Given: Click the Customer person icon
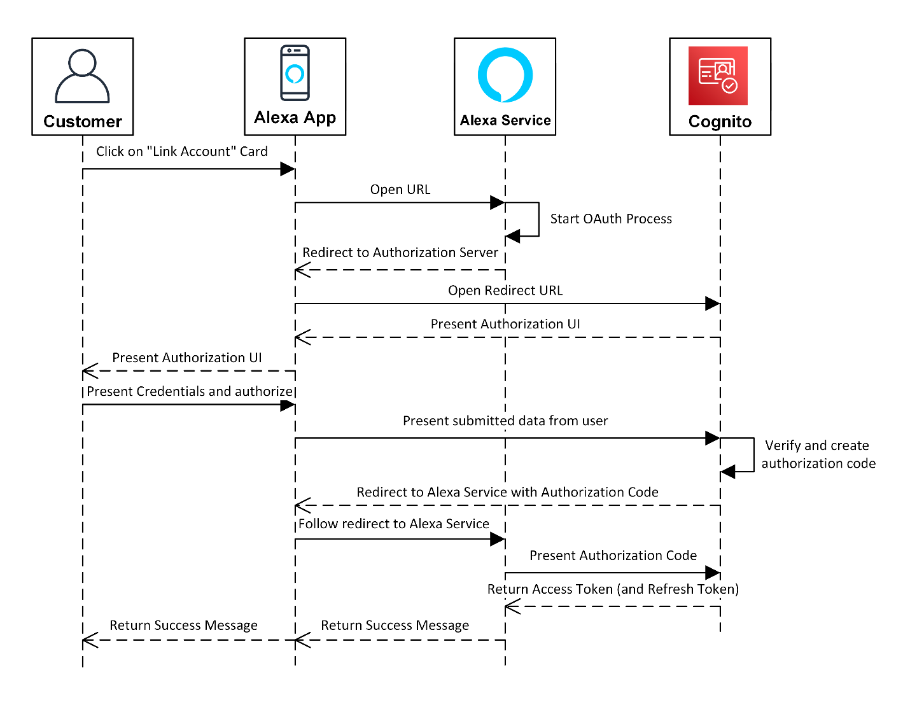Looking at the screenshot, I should [82, 76].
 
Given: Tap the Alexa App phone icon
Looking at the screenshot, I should [295, 73].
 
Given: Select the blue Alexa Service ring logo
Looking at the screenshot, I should [505, 75].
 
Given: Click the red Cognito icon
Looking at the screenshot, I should [718, 75].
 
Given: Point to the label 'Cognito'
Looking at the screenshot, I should [720, 122].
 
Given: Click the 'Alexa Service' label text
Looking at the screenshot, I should [505, 120].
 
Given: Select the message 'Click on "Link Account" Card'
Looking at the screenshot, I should [181, 151].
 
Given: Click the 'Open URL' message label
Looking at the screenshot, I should [400, 190].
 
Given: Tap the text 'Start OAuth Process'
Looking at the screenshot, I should [611, 219].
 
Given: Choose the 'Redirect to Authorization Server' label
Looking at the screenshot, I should [400, 253].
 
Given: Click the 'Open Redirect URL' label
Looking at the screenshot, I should [505, 291].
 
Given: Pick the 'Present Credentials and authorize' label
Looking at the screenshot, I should [190, 391].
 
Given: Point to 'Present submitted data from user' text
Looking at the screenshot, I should [505, 421].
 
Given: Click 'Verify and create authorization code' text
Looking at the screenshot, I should [818, 454].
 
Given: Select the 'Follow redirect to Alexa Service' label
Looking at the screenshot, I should [394, 524].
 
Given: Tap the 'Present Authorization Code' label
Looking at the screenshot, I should [613, 556].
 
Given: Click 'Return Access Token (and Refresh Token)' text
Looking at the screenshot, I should [613, 589].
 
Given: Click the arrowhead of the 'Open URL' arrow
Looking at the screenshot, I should [498, 203].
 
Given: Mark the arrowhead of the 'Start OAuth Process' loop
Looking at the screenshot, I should [513, 237].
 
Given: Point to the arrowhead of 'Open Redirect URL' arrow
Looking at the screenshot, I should [713, 304].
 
